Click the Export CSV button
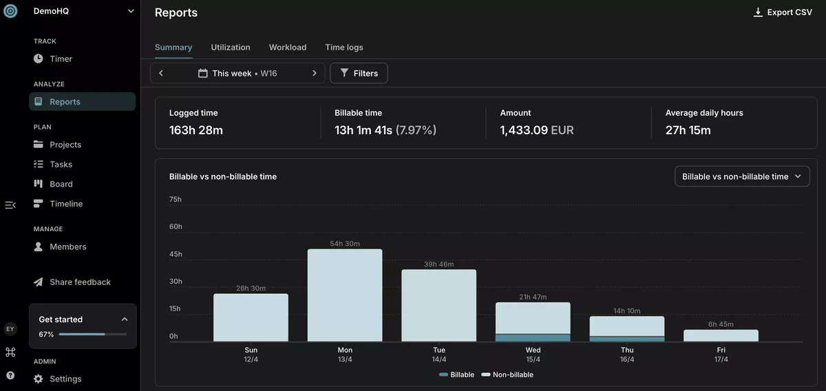coord(783,12)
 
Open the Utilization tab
coord(231,47)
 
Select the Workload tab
coord(288,47)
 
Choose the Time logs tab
coord(344,47)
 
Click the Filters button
coord(359,73)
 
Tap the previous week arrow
coord(161,73)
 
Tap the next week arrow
coord(314,73)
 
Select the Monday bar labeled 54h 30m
coord(345,295)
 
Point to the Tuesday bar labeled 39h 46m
coord(439,306)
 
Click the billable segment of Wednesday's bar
coord(533,337)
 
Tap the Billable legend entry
coord(456,374)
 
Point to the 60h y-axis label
coord(176,226)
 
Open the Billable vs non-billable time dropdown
coord(742,176)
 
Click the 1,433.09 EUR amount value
coord(537,130)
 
